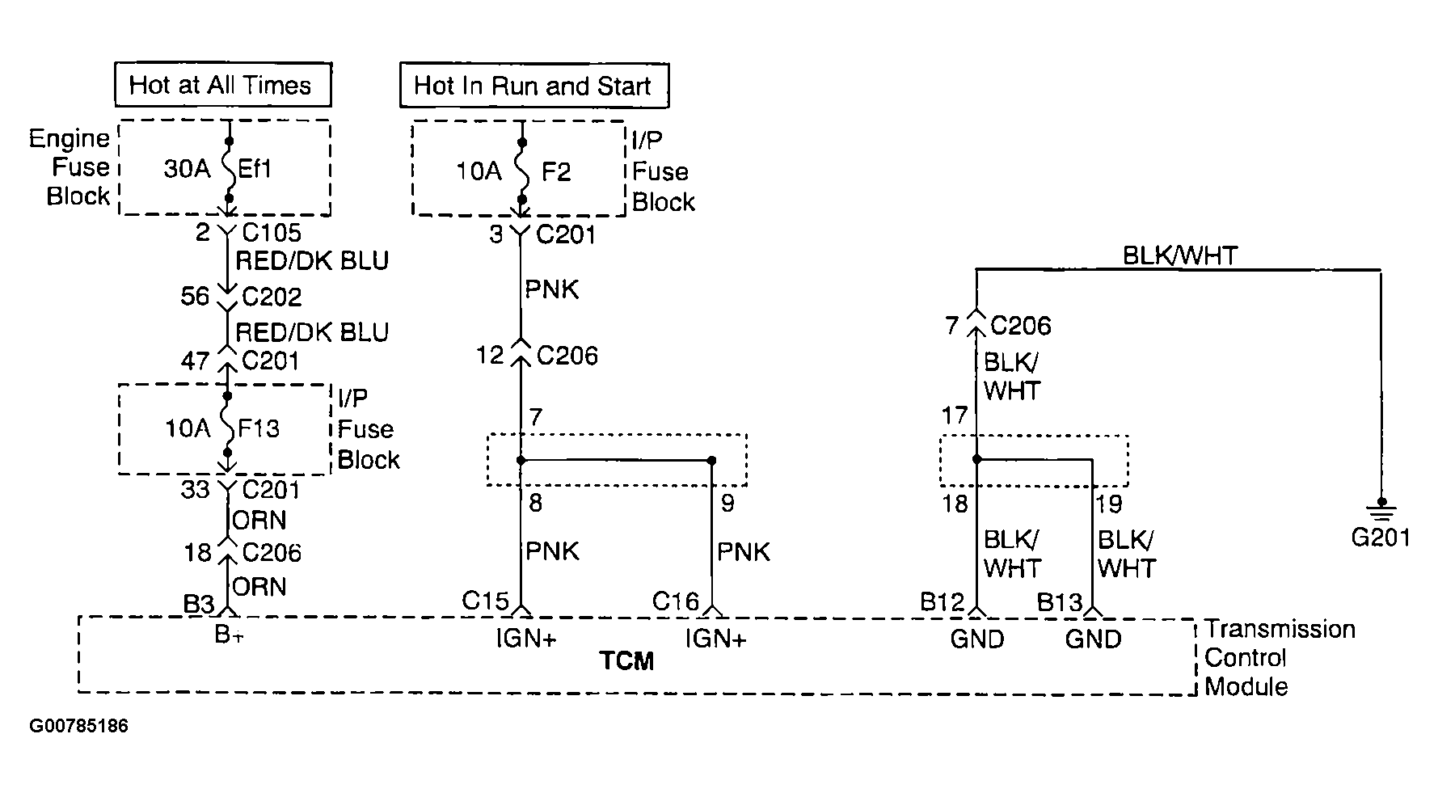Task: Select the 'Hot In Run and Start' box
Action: pos(533,86)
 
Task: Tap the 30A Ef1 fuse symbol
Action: pos(229,169)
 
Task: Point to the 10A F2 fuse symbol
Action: pos(522,171)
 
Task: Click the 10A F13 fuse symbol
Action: pos(228,427)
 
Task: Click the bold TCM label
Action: pos(627,661)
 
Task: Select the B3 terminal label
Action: pos(198,604)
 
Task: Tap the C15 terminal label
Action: pos(485,601)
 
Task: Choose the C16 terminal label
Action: pos(676,601)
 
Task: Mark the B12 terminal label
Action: pos(943,602)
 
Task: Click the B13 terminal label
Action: pos(1059,602)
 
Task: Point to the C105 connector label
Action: pos(272,233)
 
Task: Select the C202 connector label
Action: pos(272,297)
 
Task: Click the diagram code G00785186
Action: pos(78,726)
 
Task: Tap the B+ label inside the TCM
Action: pos(228,636)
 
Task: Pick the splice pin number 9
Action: pos(727,504)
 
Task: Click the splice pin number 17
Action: pos(955,415)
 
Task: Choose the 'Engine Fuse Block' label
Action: pos(70,167)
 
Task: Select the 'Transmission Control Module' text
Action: pos(1279,658)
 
